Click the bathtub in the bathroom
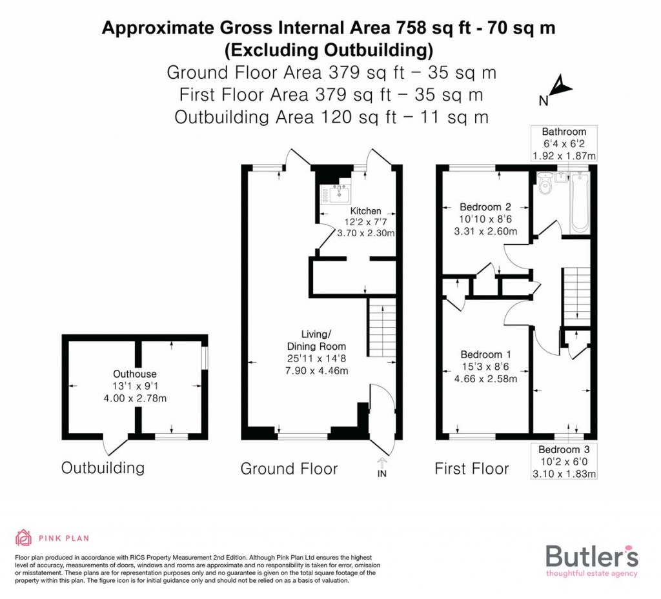578,201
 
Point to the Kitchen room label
365,211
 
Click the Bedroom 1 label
485,354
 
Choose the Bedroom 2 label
485,207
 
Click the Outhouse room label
135,374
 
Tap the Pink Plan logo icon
23,538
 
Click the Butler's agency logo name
592,556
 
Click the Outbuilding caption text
103,468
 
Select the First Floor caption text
472,469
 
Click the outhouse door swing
114,445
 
